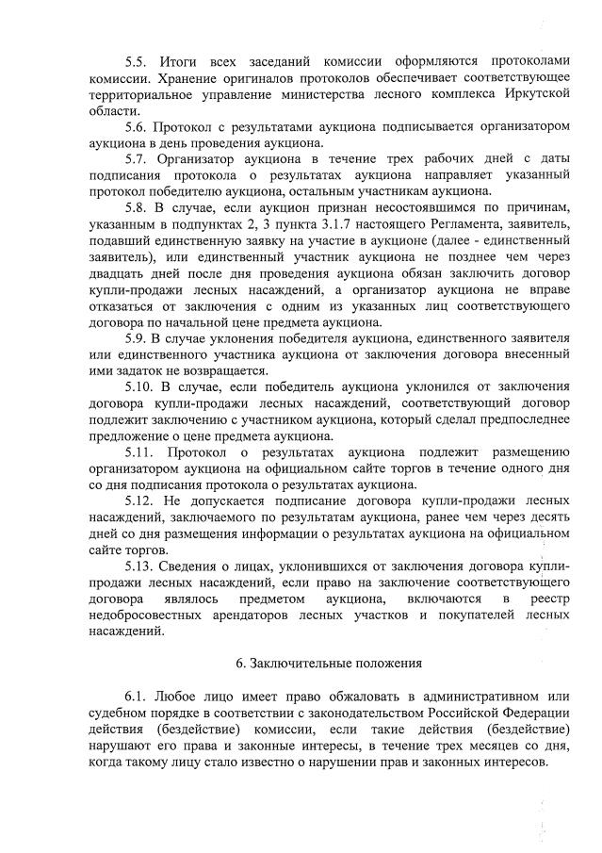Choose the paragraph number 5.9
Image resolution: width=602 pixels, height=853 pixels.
tap(138, 338)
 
